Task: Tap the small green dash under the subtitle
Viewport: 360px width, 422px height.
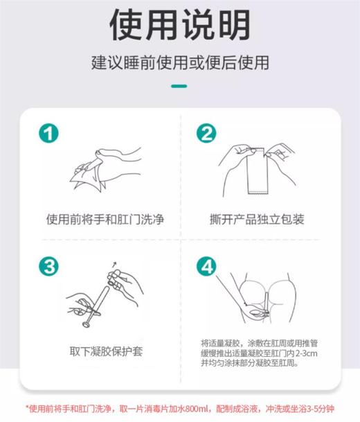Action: point(180,87)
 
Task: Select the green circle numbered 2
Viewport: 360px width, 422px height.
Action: point(206,134)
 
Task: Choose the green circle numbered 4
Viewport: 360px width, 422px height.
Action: point(206,266)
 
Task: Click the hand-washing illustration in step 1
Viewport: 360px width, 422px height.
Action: point(104,166)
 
